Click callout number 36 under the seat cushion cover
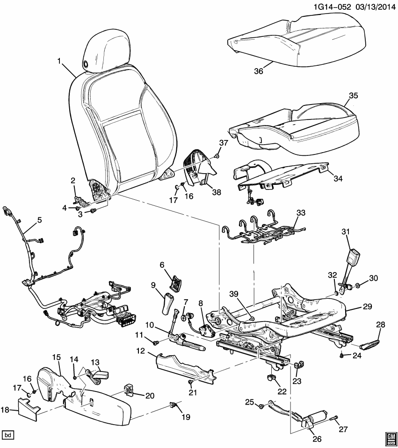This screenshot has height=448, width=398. [x=259, y=71]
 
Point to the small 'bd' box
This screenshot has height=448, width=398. [x=8, y=435]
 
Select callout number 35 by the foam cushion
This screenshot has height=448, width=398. [x=353, y=97]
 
